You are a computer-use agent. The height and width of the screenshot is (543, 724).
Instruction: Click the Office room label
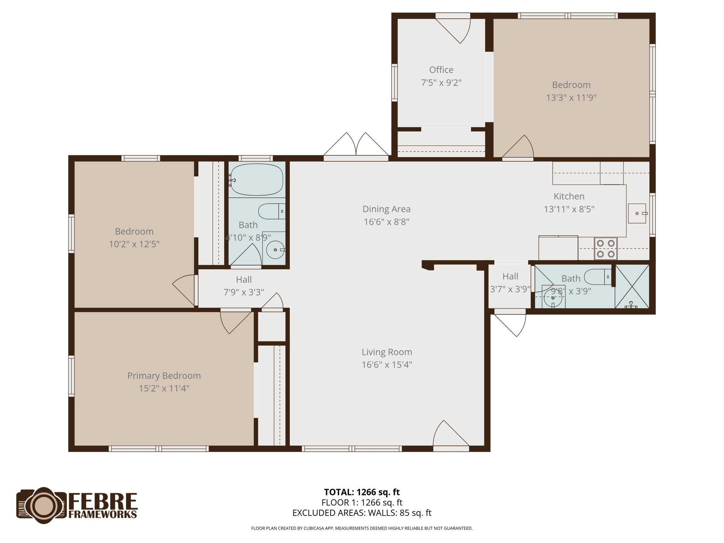(x=441, y=70)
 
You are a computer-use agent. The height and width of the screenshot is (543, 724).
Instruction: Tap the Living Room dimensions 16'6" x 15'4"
(x=387, y=364)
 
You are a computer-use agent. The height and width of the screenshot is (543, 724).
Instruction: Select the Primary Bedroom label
(x=164, y=375)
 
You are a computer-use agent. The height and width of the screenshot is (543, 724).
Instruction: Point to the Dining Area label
(x=386, y=209)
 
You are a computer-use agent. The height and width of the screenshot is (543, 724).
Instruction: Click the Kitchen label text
(x=569, y=196)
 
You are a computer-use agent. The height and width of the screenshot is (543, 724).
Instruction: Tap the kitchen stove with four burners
(x=606, y=249)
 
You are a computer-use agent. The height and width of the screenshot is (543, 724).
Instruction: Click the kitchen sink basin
(x=637, y=213)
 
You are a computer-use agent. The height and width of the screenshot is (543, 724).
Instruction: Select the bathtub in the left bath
(x=257, y=180)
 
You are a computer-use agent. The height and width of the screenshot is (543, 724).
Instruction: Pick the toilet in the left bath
(x=271, y=211)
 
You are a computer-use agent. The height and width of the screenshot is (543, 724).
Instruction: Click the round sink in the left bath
(x=275, y=250)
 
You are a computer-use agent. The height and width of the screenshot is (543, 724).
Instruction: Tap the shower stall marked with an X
(x=632, y=286)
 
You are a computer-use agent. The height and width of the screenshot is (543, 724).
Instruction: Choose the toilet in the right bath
(x=598, y=277)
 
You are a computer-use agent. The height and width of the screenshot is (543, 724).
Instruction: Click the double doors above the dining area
(x=356, y=146)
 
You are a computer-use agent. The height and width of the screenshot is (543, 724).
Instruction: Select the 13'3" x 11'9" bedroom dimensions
(x=571, y=98)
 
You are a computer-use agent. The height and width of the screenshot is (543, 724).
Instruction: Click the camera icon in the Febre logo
(x=43, y=505)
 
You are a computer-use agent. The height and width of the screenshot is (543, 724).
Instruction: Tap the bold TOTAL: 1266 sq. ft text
(x=362, y=492)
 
